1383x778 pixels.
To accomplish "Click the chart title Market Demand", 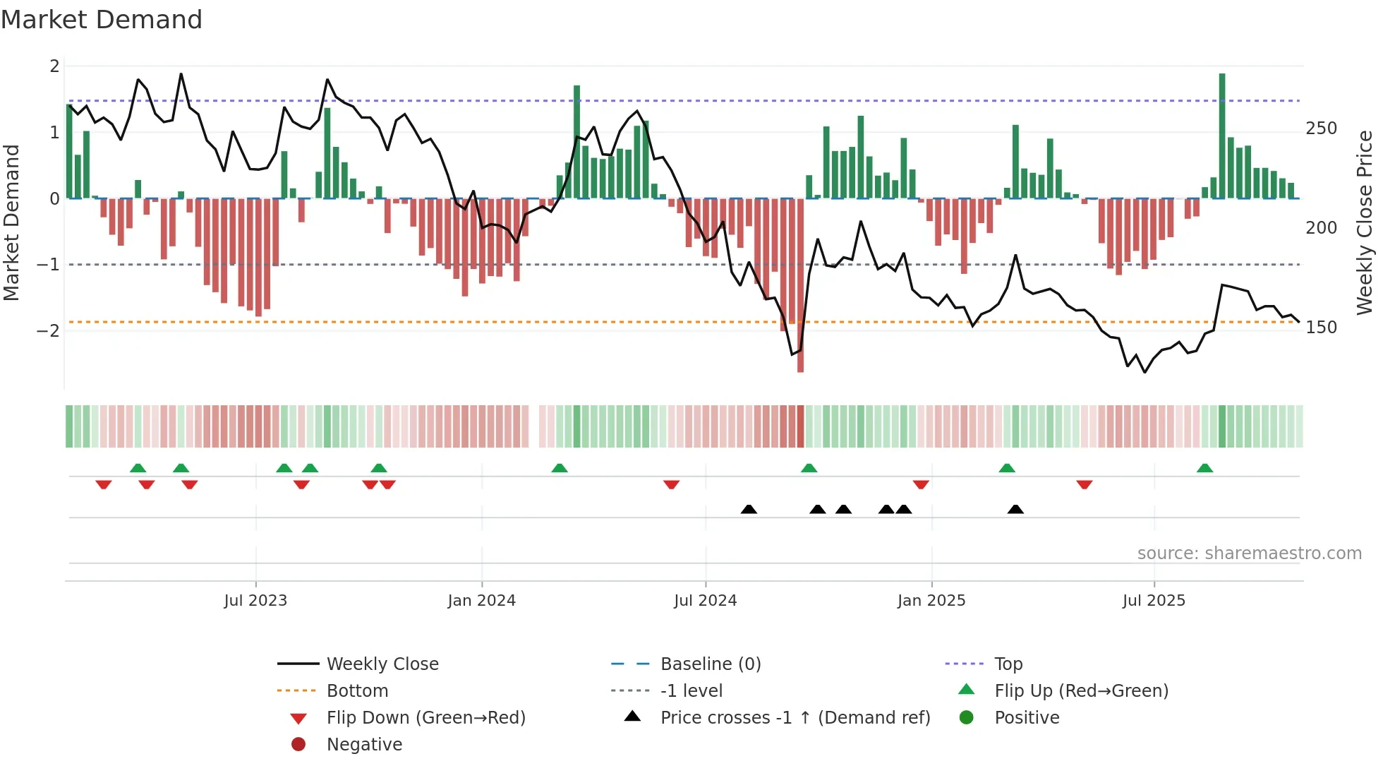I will pos(102,20).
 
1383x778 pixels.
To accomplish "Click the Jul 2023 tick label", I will pos(255,601).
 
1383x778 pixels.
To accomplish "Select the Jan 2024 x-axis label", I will pos(481,601).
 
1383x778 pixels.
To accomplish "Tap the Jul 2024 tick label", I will pos(705,601).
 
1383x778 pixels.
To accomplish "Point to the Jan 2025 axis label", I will pos(931,601).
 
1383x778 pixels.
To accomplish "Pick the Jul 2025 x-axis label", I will pos(1154,601).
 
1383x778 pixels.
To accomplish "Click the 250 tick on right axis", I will pos(1321,128).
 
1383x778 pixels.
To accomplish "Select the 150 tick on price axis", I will pos(1321,328).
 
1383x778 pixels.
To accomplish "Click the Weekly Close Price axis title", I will pos(1365,222).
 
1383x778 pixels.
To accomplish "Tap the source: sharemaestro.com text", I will pos(1249,553).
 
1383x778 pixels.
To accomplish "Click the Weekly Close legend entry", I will pos(382,664).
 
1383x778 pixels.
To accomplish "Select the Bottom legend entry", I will pos(357,691).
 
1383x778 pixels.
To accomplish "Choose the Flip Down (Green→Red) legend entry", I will pos(425,718).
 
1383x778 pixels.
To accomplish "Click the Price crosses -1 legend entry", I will pos(795,718).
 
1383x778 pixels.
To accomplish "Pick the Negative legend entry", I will pos(364,745).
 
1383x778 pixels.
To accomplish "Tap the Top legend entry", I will pos(1008,664).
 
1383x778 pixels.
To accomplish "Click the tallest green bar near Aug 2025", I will pos(1222,134).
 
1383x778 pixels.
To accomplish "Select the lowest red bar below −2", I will pos(800,286).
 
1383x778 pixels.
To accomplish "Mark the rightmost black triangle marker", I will pos(1015,510).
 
